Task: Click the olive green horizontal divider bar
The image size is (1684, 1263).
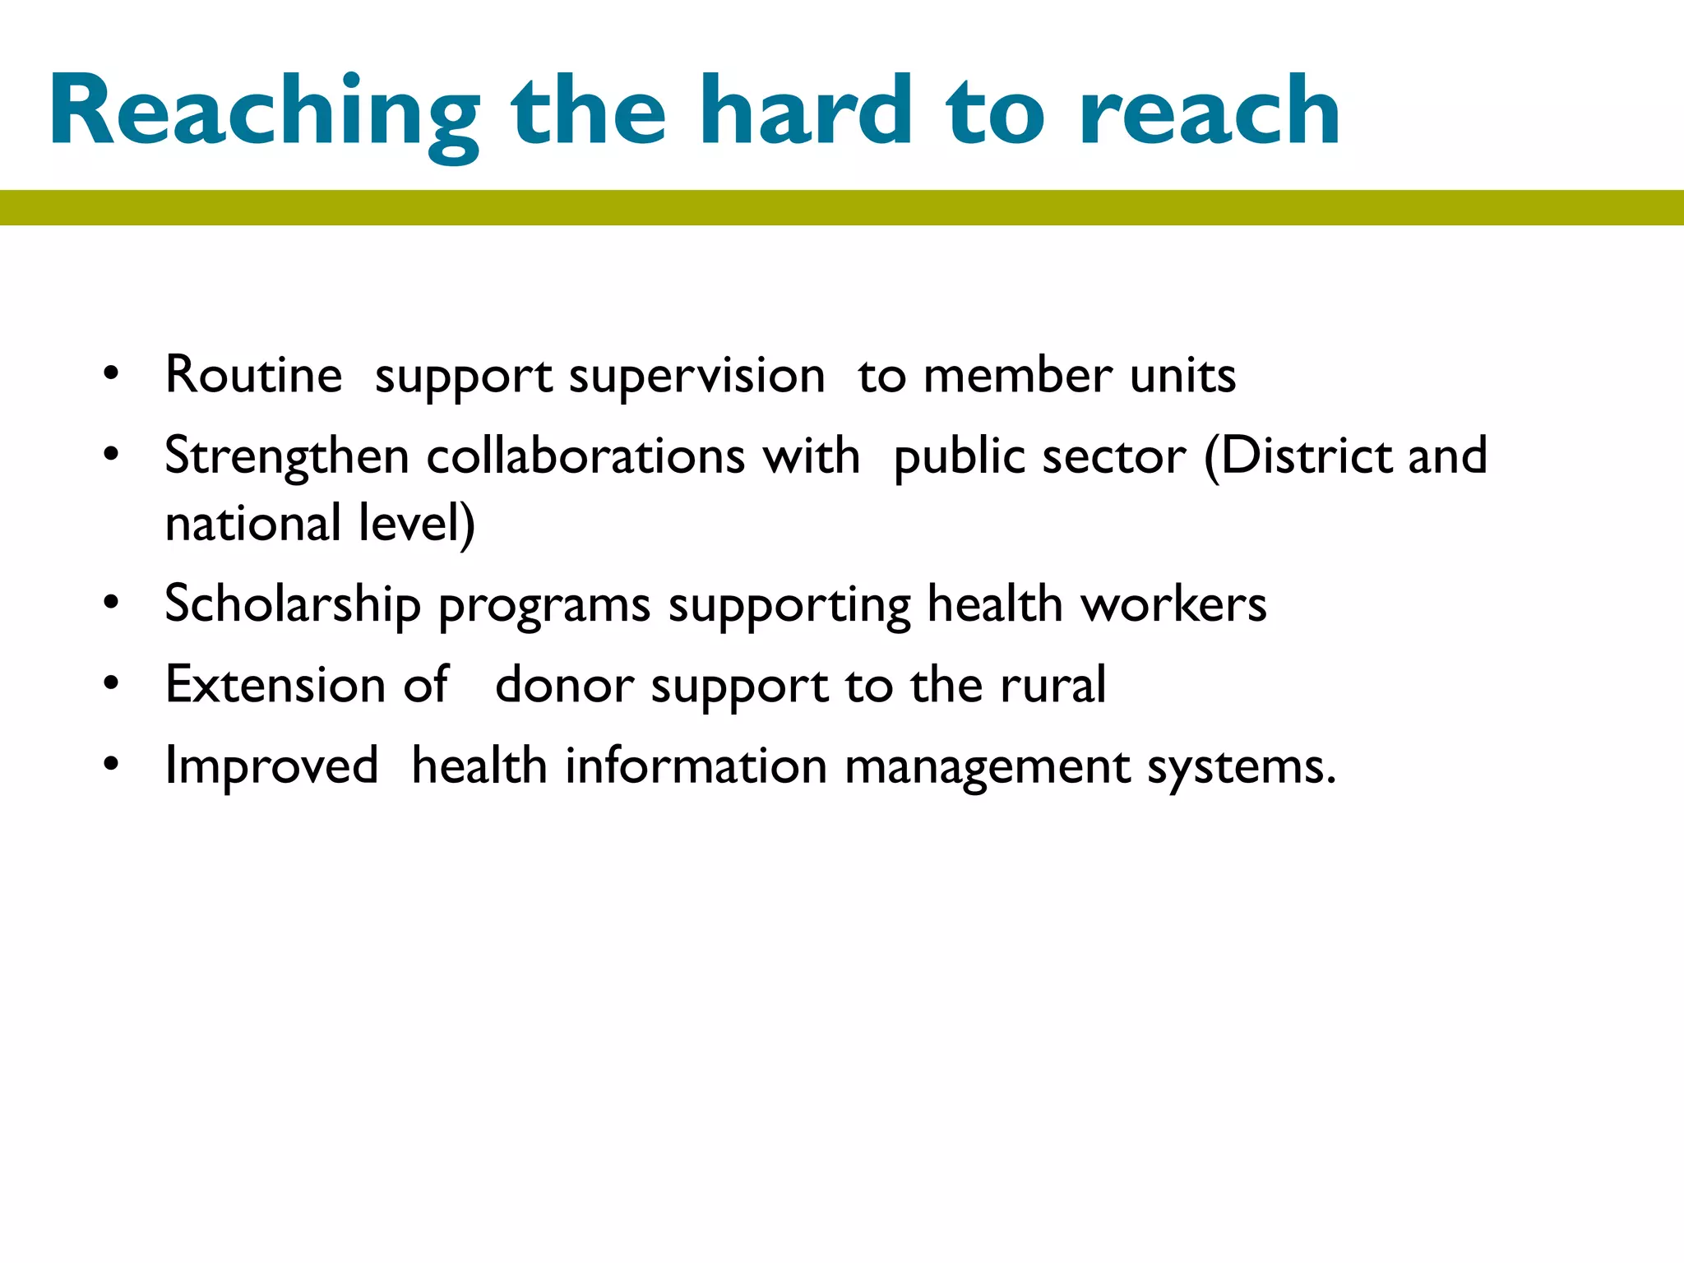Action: [x=842, y=207]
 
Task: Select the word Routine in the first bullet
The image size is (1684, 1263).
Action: [x=253, y=375]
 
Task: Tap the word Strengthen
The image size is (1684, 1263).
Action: [x=287, y=457]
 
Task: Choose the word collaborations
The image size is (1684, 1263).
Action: [x=585, y=456]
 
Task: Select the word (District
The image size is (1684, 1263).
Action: [x=1298, y=456]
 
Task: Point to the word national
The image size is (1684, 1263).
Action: [x=252, y=524]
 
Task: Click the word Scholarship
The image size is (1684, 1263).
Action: [x=293, y=604]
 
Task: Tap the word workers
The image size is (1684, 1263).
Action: [x=1173, y=604]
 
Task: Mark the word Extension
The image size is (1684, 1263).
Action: [x=275, y=684]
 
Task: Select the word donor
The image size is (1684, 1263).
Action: [x=564, y=686]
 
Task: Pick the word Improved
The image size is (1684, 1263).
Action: [x=271, y=766]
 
